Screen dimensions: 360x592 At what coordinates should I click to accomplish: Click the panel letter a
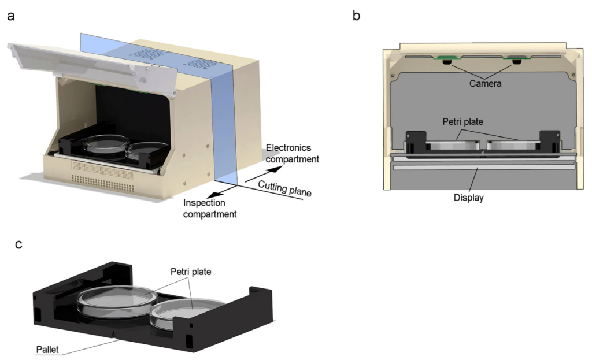coord(10,16)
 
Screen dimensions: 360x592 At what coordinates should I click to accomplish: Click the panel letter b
coord(357,16)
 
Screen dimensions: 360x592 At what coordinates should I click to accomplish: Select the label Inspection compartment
coord(209,209)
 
